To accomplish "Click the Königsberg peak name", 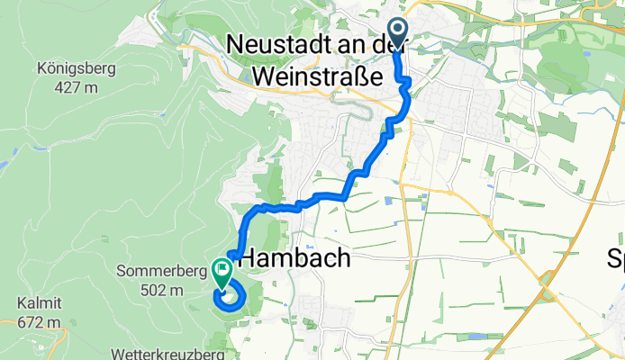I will pos(69,67).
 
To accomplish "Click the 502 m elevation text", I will pos(162,291).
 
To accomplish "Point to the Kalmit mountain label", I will pos(34,304).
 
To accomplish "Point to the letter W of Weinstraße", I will pos(266,75).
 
